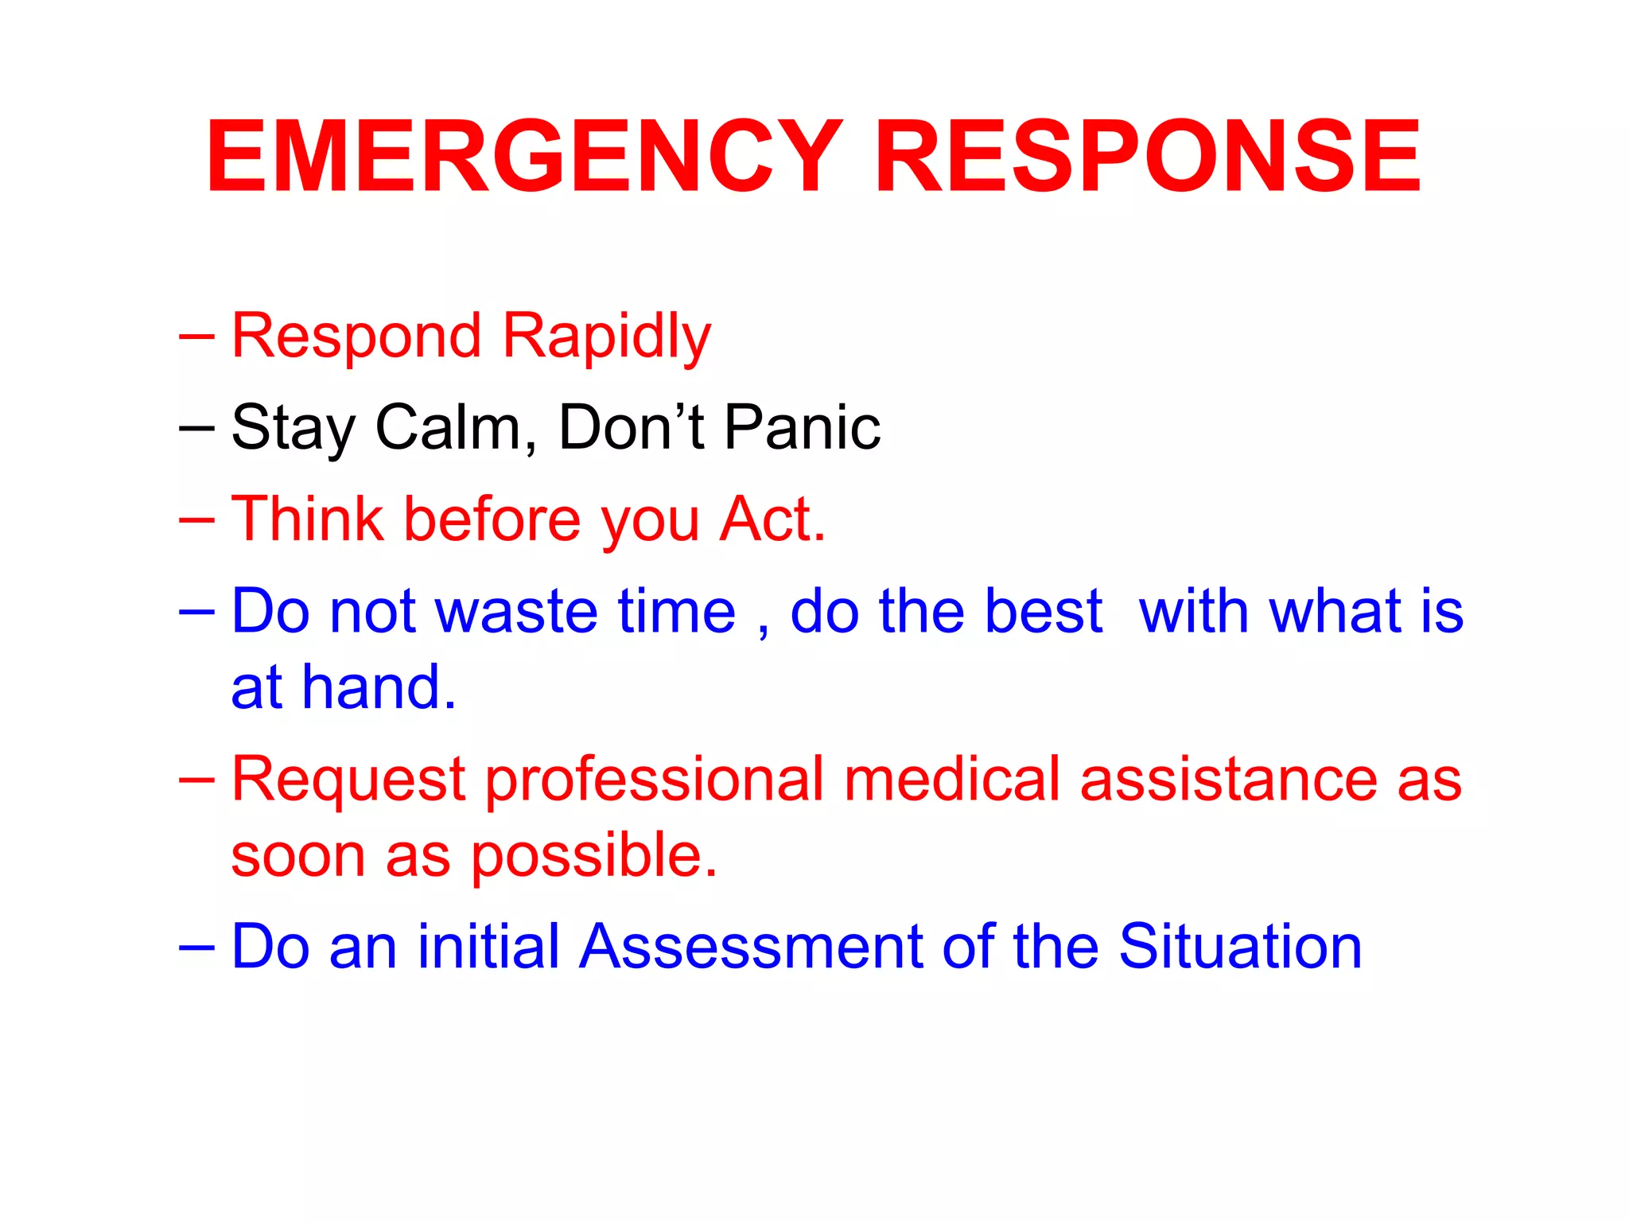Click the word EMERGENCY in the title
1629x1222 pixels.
point(525,157)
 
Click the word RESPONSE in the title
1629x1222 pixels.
point(1147,157)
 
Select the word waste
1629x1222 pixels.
point(517,611)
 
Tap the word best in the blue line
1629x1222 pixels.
point(1043,611)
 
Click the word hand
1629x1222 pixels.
point(378,687)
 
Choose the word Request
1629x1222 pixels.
point(348,780)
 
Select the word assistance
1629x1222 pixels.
point(1227,780)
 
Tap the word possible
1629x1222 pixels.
point(593,856)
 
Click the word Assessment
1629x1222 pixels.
point(751,947)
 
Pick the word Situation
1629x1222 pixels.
point(1240,947)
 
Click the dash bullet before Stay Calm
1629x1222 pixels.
point(196,428)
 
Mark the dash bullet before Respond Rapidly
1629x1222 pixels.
point(196,337)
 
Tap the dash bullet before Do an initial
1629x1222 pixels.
point(196,948)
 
